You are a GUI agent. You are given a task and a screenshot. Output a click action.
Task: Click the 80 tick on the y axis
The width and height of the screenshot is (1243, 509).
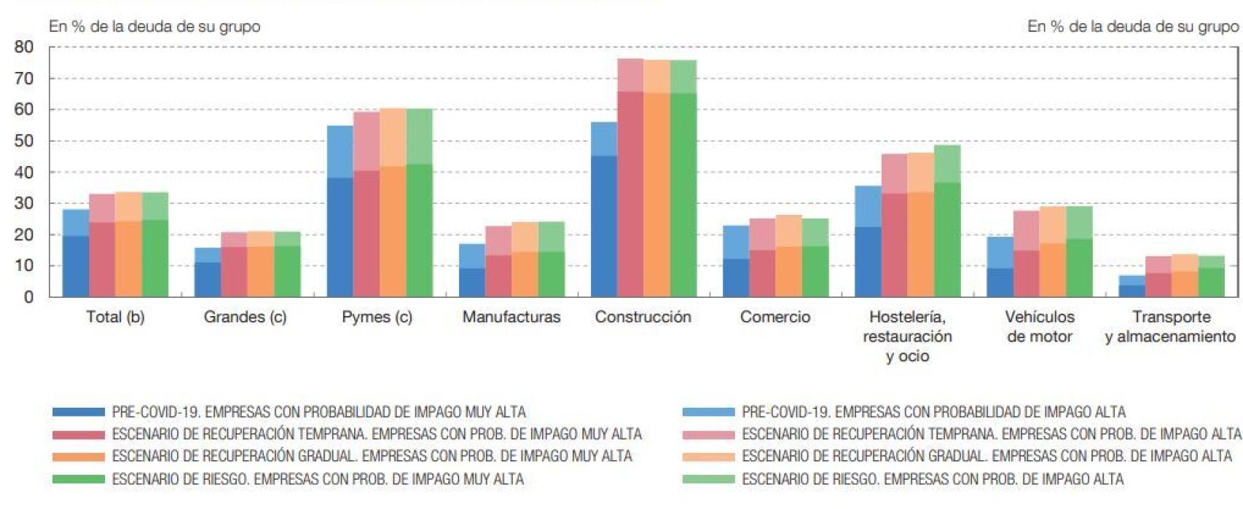click(24, 47)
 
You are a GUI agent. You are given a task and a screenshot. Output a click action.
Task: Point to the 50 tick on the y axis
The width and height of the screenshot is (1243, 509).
click(24, 141)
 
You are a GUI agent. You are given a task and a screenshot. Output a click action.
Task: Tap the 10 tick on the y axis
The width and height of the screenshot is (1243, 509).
click(24, 266)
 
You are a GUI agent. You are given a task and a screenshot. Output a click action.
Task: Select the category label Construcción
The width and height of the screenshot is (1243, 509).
click(643, 317)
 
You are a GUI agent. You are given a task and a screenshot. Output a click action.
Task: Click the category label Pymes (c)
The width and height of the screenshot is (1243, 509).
click(377, 317)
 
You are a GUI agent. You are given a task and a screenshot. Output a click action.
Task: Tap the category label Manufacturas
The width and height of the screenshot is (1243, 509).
click(511, 317)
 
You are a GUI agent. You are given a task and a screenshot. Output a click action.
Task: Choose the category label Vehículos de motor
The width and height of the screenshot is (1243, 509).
click(1039, 327)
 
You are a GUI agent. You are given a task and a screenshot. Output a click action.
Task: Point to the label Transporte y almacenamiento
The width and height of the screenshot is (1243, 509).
click(1170, 327)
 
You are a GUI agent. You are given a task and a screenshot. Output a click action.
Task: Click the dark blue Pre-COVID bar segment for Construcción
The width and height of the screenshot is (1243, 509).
click(604, 226)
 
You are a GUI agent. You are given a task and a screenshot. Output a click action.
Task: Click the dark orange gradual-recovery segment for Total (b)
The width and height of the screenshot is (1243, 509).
click(128, 259)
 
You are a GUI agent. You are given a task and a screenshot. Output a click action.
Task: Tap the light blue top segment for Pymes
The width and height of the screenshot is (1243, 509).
click(340, 151)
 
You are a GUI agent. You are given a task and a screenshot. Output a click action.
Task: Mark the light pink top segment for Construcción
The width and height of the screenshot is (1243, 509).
click(630, 75)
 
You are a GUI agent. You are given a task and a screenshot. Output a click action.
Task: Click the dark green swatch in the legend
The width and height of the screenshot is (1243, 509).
click(79, 479)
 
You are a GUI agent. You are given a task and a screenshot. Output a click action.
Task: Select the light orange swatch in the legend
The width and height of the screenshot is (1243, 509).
click(708, 457)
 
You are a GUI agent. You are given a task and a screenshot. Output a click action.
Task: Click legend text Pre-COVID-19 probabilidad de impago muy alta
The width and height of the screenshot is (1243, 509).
click(318, 412)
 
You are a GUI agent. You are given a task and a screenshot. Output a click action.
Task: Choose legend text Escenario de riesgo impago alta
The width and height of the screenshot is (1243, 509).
click(932, 479)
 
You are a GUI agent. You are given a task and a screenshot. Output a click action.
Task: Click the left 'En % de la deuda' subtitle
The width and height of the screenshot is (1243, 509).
click(154, 26)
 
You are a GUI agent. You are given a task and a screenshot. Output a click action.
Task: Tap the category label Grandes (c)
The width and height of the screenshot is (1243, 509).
click(245, 317)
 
